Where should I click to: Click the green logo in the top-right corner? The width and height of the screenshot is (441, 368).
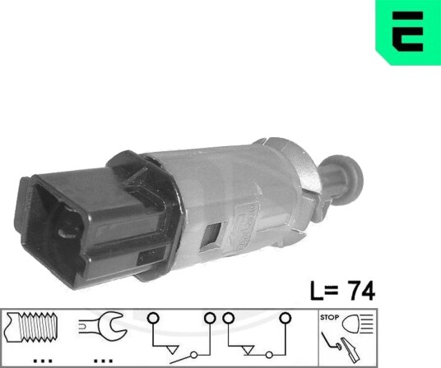[x=408, y=32]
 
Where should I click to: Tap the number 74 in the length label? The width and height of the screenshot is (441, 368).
[x=361, y=291]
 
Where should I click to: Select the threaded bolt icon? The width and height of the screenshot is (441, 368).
[x=31, y=327]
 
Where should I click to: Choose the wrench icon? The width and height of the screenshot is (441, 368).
[x=101, y=326]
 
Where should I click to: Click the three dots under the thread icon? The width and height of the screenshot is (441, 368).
[x=43, y=361]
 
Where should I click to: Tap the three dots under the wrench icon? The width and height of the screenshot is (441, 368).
[x=103, y=361]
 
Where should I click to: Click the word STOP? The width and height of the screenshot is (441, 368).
[x=329, y=317]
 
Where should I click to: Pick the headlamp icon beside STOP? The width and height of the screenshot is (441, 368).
[x=357, y=324]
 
